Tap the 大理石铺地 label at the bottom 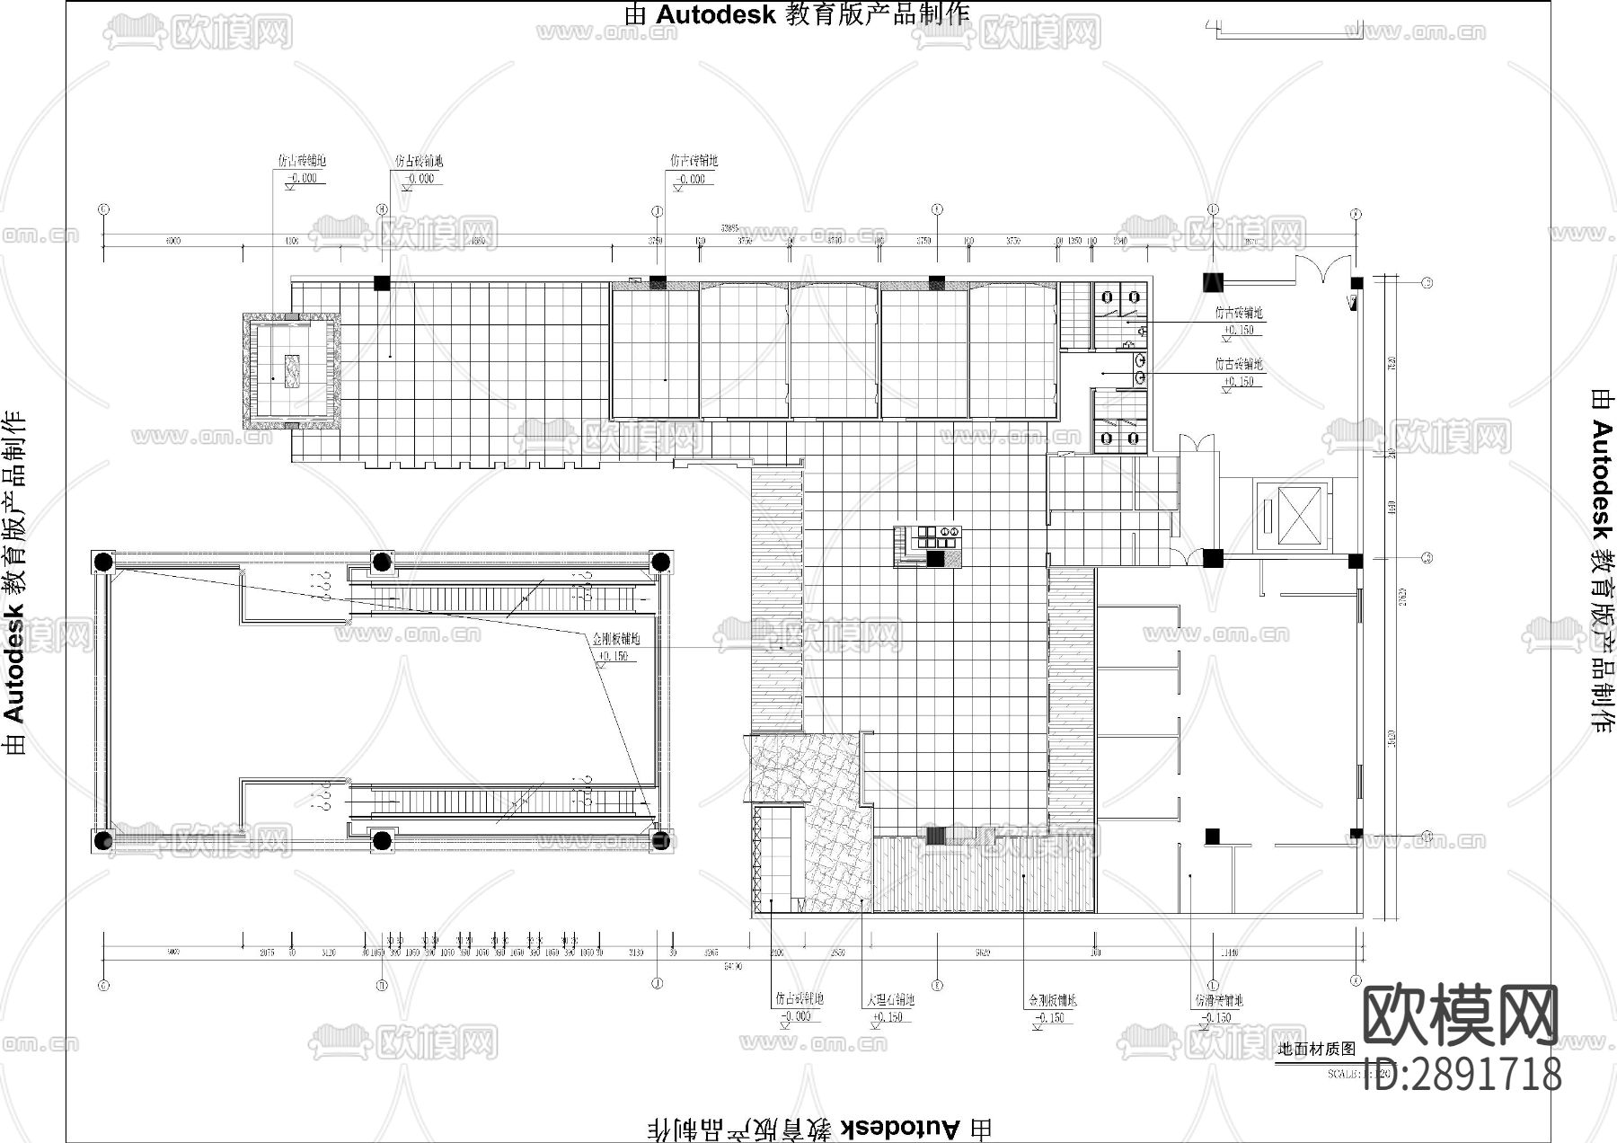[890, 999]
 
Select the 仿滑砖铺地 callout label [1218, 1000]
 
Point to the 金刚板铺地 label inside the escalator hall [616, 640]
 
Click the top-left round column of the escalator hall [103, 563]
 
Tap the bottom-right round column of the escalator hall [661, 841]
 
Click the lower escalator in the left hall [503, 796]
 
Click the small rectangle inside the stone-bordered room [292, 370]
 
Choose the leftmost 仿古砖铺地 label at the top [302, 162]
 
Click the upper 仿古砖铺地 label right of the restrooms [1239, 314]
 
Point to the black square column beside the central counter [935, 558]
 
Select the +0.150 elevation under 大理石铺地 [888, 1016]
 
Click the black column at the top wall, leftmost [382, 283]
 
